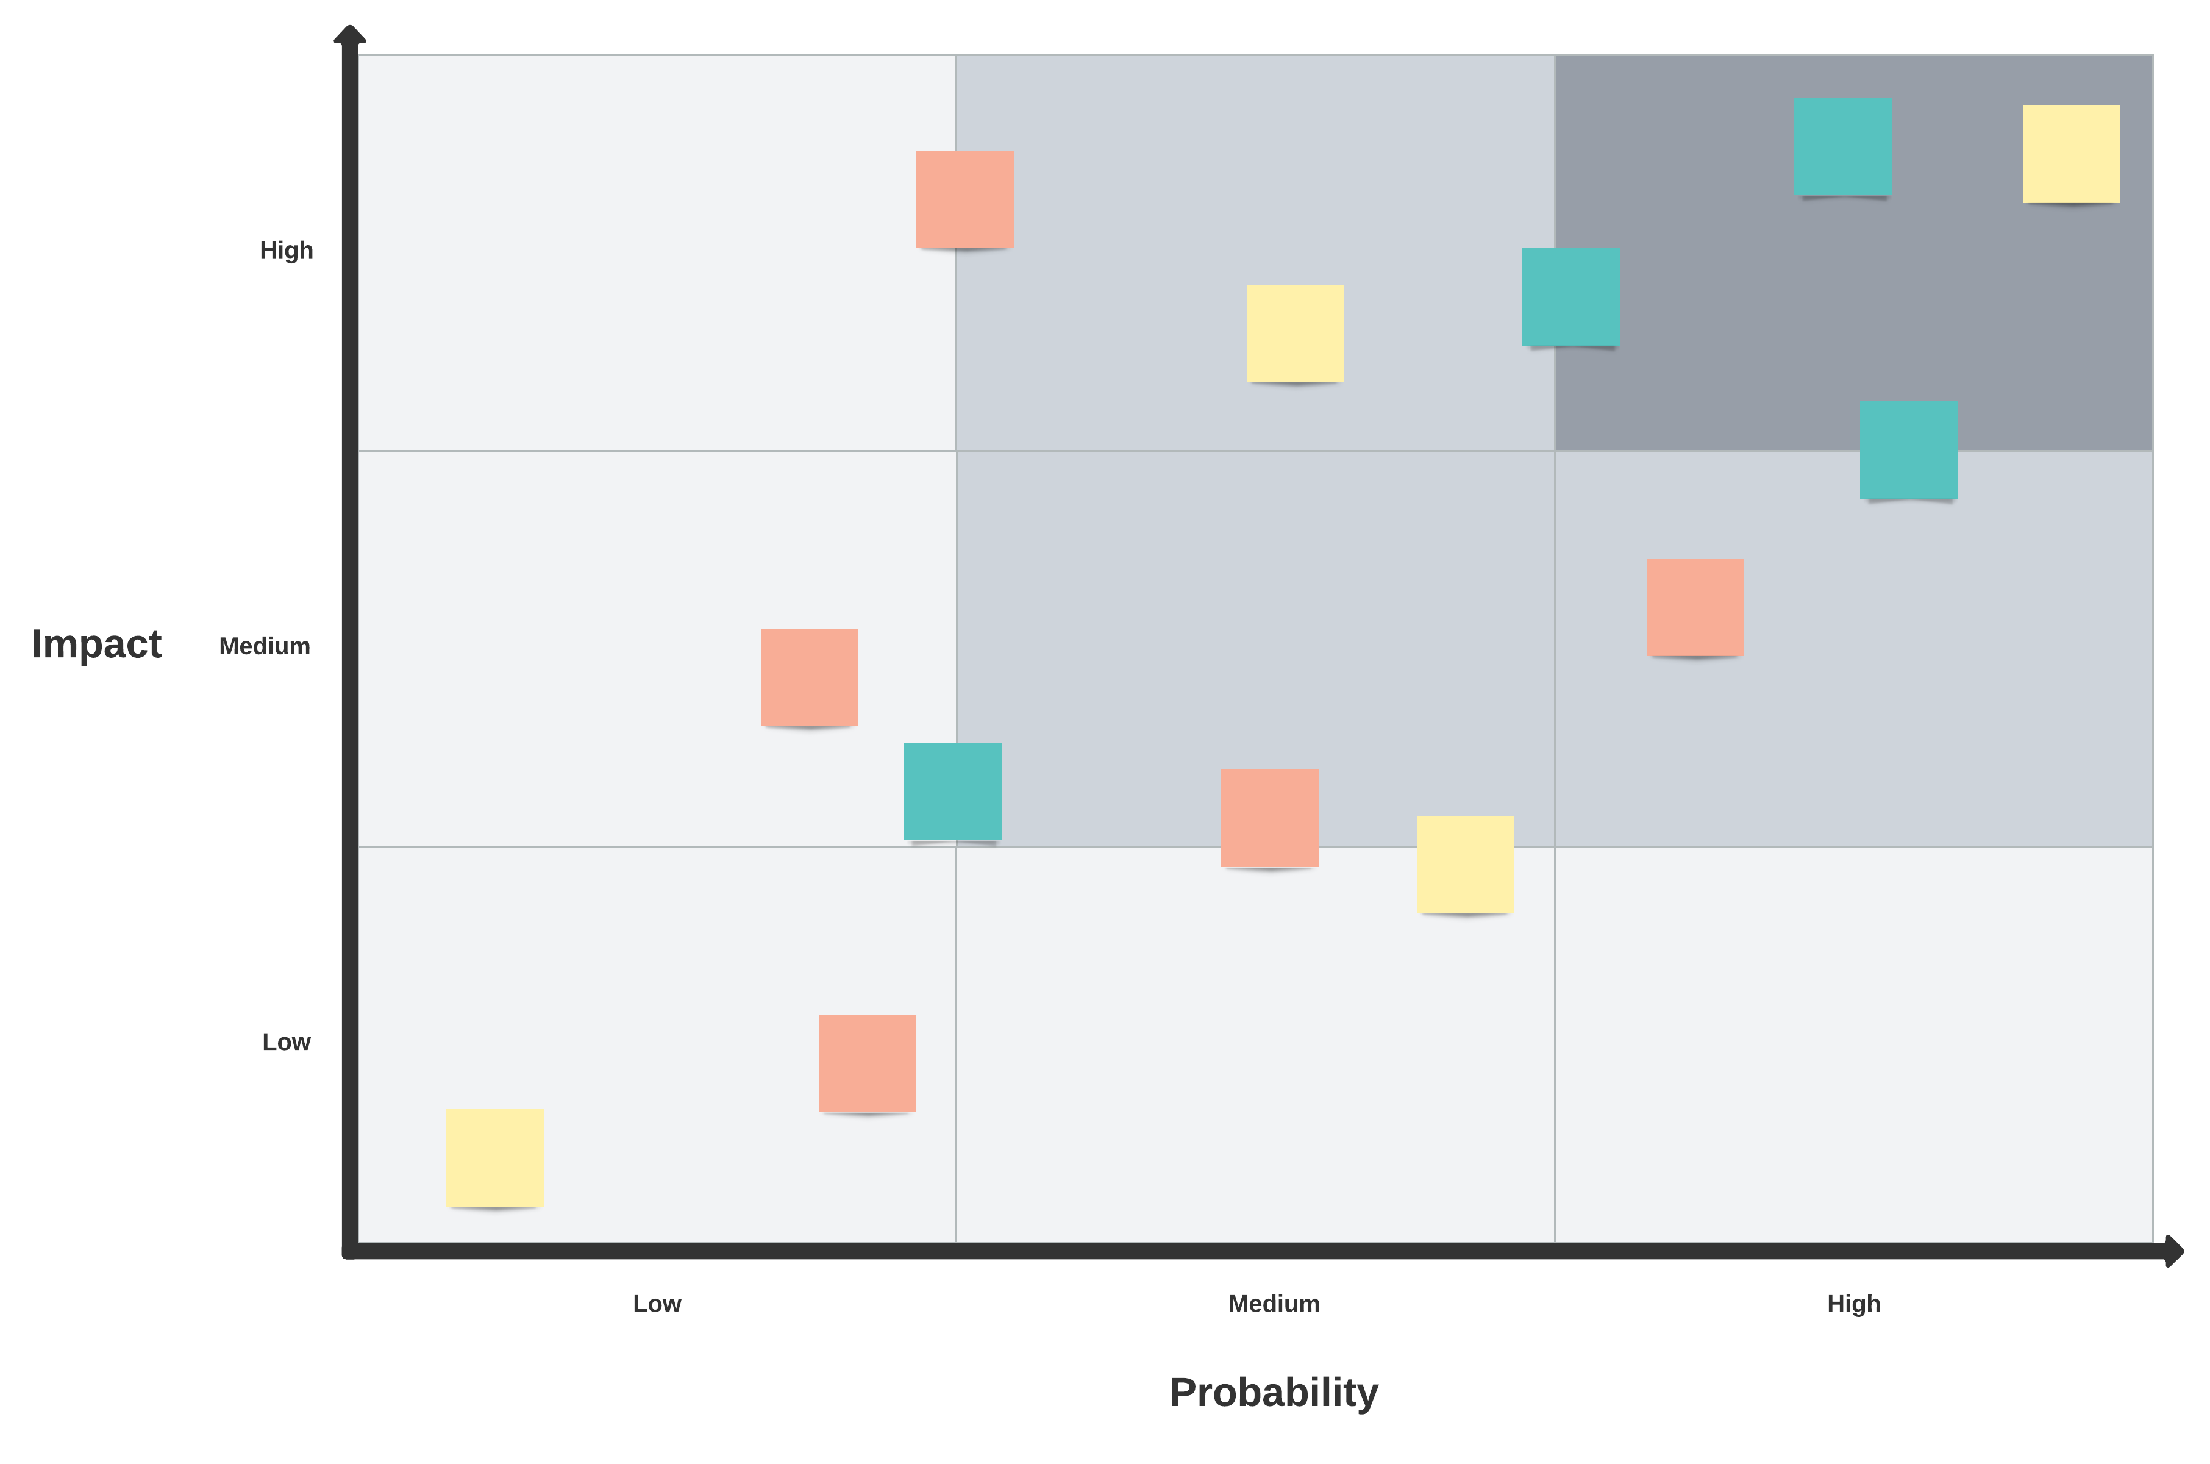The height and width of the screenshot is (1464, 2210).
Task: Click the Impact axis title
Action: click(x=96, y=645)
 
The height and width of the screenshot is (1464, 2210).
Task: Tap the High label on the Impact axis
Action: click(x=287, y=250)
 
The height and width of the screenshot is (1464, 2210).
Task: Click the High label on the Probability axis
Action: click(x=1853, y=1304)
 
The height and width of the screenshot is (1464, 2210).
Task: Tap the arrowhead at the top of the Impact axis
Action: click(x=350, y=35)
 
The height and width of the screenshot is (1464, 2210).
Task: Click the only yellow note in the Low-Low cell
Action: click(x=494, y=1158)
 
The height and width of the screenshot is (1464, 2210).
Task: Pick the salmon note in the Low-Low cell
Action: click(x=867, y=1063)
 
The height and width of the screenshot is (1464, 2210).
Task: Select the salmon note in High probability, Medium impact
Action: click(x=1695, y=607)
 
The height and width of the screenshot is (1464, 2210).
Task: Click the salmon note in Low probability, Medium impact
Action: click(x=809, y=677)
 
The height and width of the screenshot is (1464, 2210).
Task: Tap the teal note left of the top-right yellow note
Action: click(x=1842, y=146)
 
